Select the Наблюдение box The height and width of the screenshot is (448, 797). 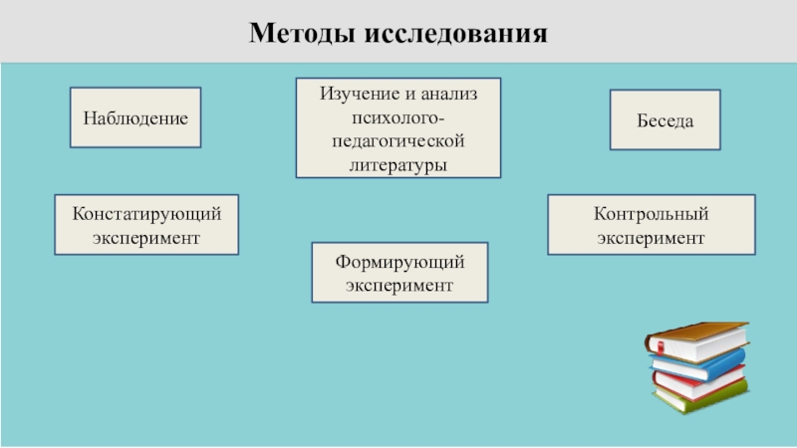(x=135, y=118)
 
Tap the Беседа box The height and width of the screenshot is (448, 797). (x=665, y=119)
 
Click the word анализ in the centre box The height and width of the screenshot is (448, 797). (x=448, y=94)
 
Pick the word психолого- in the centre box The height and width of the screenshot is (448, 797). (x=398, y=117)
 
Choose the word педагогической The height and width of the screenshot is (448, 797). (x=398, y=141)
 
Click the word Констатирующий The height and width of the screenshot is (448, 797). (x=145, y=214)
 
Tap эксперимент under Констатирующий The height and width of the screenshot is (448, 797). (x=145, y=238)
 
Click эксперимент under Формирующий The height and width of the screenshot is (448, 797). (x=399, y=285)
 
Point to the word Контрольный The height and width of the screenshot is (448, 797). (x=652, y=214)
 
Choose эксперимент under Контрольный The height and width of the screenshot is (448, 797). (x=652, y=238)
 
